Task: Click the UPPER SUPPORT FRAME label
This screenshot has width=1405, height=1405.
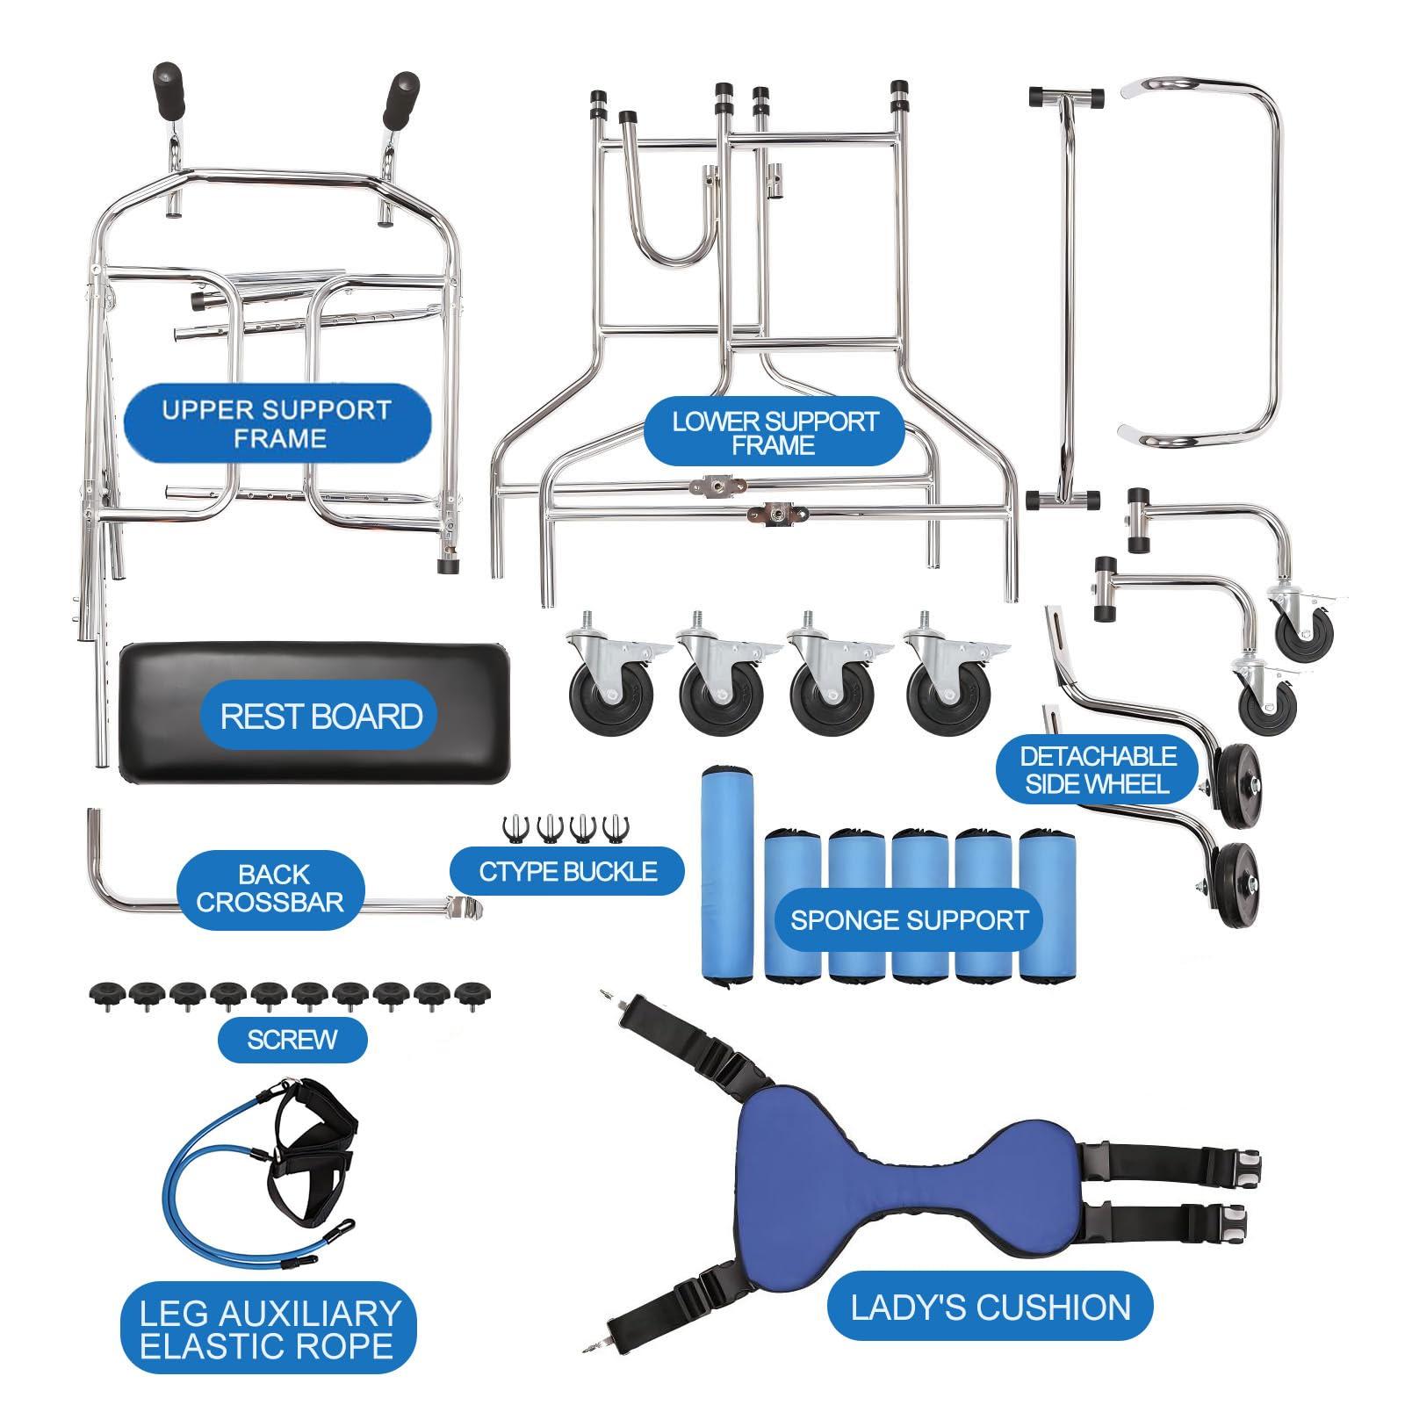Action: point(277,423)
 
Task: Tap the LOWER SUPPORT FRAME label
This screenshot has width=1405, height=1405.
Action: point(775,433)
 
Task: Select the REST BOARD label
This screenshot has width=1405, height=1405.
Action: point(321,716)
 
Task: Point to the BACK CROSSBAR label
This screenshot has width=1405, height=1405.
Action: point(270,888)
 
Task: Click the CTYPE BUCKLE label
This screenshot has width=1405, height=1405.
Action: point(568,871)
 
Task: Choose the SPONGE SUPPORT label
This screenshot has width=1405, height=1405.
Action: point(909,919)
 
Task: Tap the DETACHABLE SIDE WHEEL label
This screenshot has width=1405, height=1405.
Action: point(1098,770)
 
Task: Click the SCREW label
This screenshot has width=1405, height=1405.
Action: point(292,1040)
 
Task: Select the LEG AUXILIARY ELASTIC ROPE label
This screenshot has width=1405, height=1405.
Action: point(268,1329)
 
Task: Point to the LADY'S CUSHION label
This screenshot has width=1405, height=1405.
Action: point(991,1308)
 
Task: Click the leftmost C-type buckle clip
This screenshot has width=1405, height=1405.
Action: point(513,828)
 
